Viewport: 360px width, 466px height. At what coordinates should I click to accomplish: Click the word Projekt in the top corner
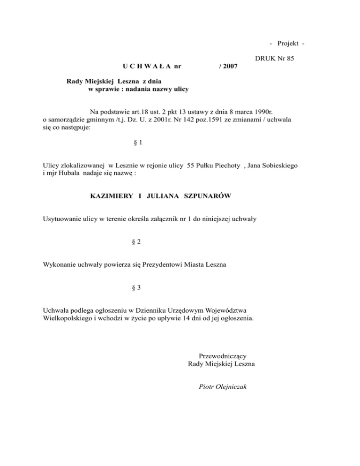[288, 44]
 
